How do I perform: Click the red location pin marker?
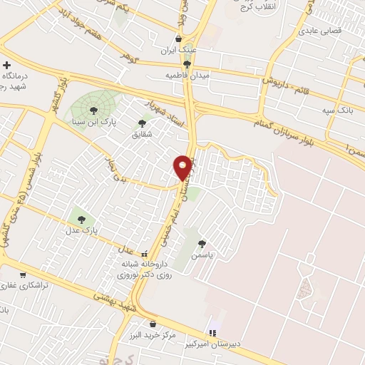click(183, 168)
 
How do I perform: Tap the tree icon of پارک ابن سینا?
click(93, 110)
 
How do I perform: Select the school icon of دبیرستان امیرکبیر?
click(212, 333)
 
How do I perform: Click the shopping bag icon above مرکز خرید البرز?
click(153, 324)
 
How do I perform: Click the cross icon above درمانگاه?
click(7, 65)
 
